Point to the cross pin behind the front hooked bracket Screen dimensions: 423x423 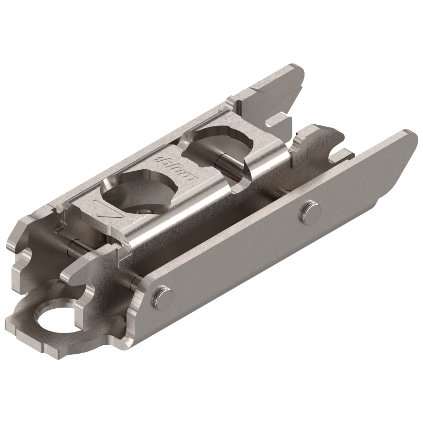pos(77,244)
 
